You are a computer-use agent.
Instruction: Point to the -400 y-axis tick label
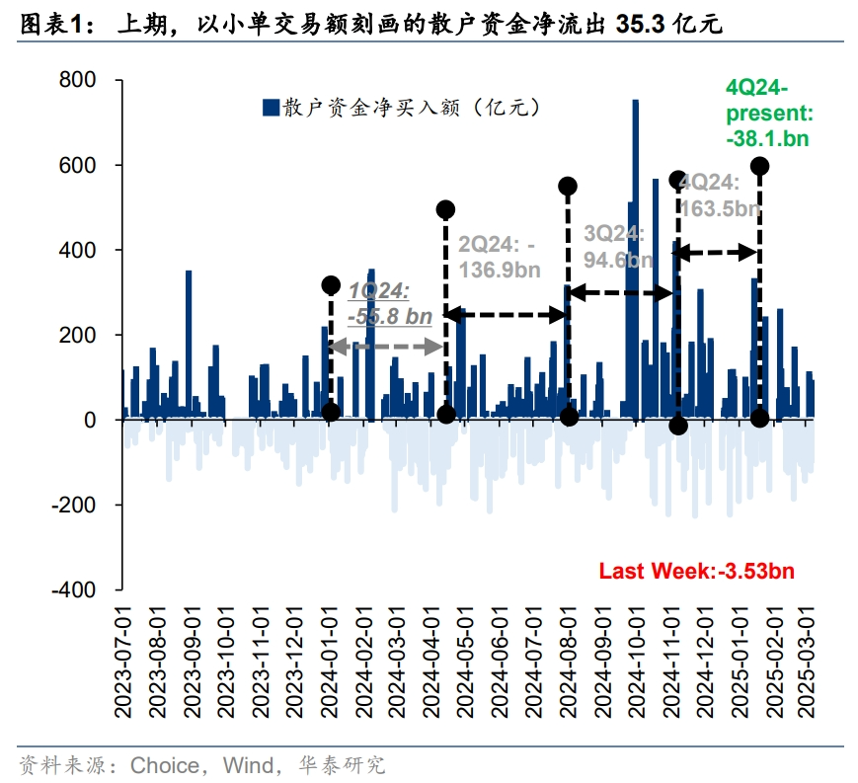point(79,589)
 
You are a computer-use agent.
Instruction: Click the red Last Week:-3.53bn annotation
point(697,571)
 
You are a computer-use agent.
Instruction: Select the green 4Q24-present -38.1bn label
point(768,112)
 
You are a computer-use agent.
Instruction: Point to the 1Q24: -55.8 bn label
point(391,302)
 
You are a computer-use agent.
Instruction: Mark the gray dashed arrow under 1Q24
point(386,347)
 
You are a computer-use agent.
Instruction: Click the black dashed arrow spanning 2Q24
point(507,315)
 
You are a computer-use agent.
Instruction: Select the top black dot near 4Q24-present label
point(759,166)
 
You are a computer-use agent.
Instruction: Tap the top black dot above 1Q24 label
point(331,285)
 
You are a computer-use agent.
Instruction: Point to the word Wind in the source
point(250,764)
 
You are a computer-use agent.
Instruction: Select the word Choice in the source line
point(165,764)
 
